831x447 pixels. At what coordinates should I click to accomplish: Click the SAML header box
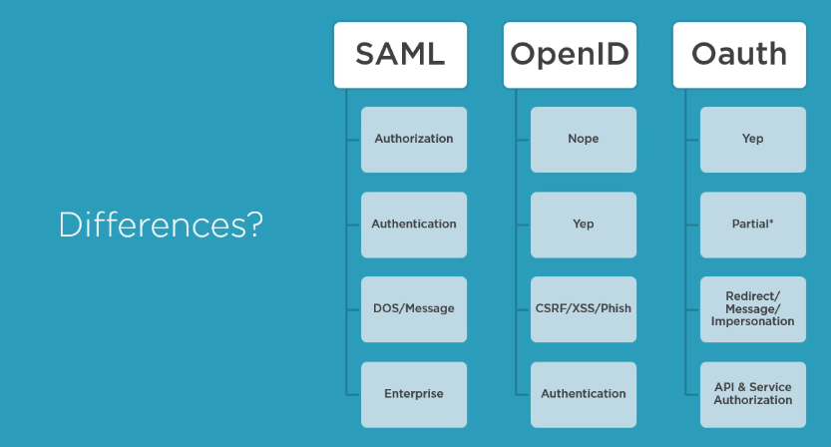pos(400,54)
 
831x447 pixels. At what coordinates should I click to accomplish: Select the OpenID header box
pos(569,54)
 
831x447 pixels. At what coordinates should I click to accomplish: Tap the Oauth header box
pos(738,54)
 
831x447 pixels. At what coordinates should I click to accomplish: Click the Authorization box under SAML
pos(413,139)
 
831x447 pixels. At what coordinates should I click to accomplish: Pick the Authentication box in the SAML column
pos(413,223)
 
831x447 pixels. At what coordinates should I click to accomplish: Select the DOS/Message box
pos(413,308)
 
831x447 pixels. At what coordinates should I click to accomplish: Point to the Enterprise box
pos(413,393)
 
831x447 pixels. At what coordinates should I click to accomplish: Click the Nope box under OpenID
pos(583,139)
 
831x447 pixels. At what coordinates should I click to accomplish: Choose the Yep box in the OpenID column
pos(583,223)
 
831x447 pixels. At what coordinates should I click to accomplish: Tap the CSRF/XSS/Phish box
pos(583,308)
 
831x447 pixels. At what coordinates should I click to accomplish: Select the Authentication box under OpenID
pos(583,393)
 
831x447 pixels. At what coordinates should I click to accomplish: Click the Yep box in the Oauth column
pos(752,139)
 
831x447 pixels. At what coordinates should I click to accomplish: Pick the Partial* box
pos(752,223)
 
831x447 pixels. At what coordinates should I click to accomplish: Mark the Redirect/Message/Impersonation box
pos(752,308)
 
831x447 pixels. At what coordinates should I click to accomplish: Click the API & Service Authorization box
pos(752,393)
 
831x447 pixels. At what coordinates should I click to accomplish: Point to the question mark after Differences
pos(252,224)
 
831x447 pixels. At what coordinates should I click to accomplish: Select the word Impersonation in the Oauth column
pos(752,321)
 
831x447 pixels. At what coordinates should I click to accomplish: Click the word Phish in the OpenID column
pos(616,308)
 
